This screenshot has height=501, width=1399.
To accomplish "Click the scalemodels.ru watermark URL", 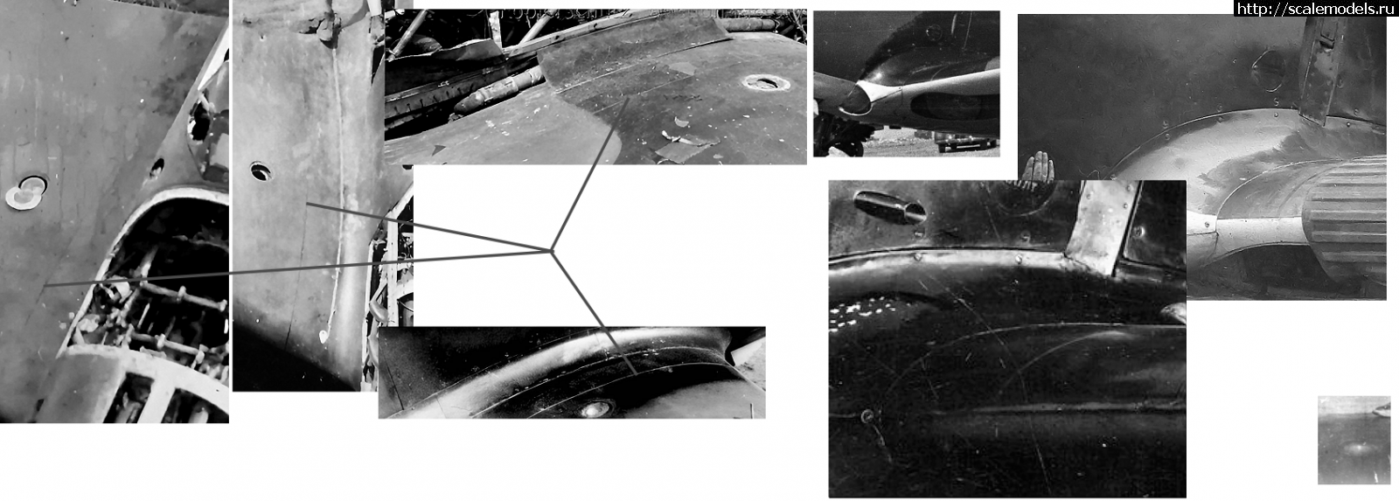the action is click(1316, 8).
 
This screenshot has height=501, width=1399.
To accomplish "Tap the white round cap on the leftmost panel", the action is click(25, 192).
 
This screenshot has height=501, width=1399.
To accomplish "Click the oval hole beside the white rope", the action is click(261, 170).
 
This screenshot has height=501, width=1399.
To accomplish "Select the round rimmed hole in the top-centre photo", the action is click(762, 82).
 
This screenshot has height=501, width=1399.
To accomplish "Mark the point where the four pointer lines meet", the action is click(551, 251).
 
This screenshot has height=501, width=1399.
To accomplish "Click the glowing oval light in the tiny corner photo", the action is click(1356, 448).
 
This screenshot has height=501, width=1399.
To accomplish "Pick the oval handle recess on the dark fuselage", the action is click(889, 206).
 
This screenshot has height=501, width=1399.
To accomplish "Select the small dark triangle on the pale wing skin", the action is click(439, 150).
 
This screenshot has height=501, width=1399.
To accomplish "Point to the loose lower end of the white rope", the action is click(324, 337).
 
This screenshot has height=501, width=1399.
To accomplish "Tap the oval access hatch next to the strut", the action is click(1268, 70).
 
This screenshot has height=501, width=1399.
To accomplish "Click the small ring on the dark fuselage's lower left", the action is click(867, 415).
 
